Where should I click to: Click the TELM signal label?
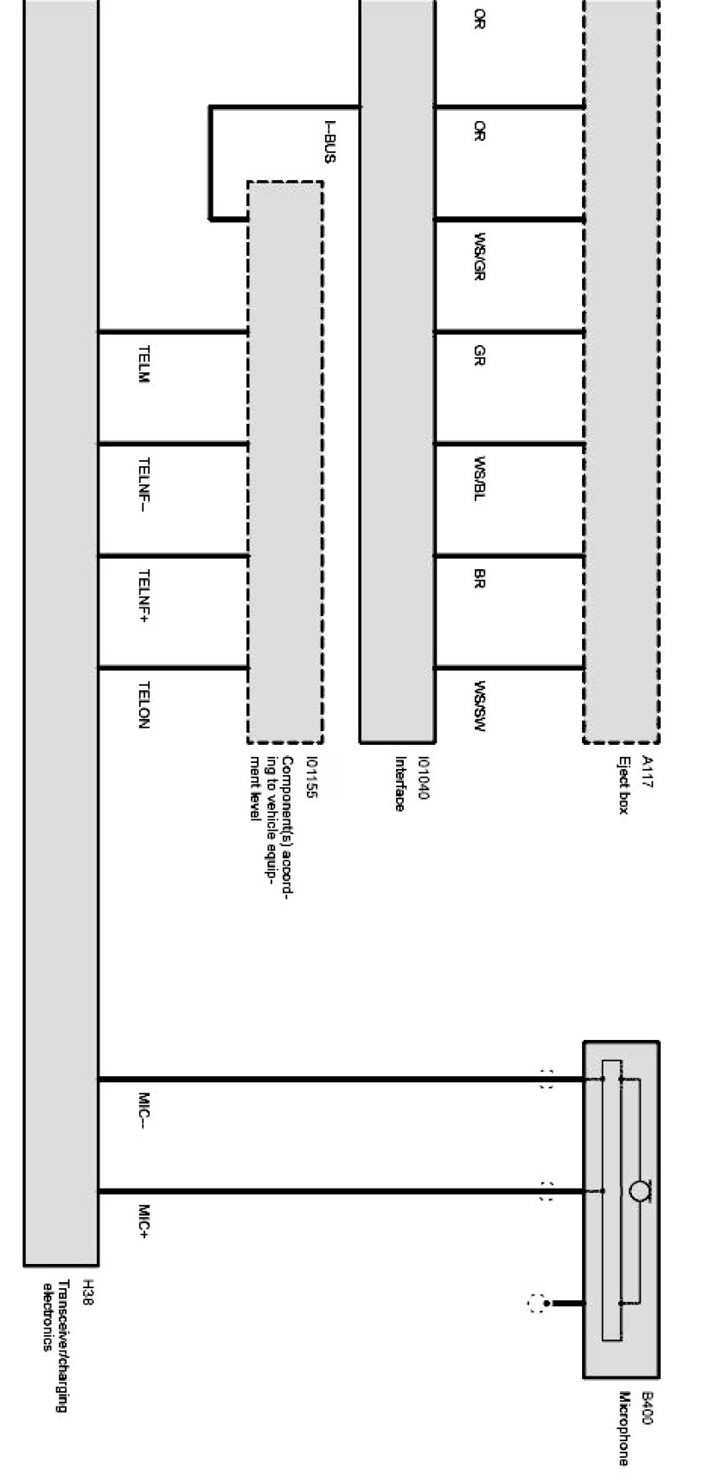pos(144,365)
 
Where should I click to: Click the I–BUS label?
pos(329,142)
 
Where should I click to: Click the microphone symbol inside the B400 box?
pos(639,1191)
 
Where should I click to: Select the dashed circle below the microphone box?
pos(537,1303)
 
